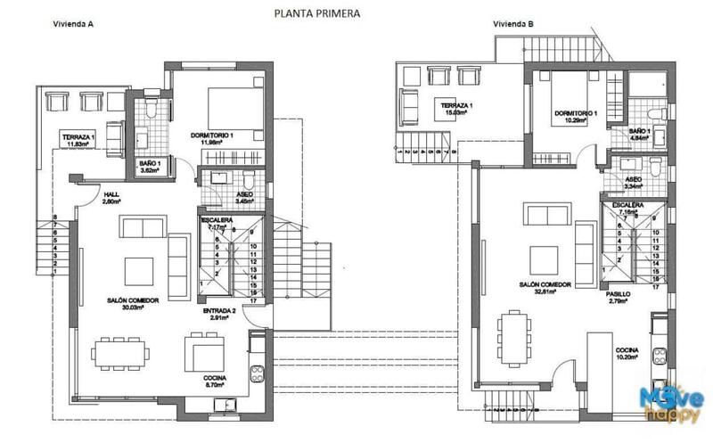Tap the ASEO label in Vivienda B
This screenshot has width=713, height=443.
tap(635, 179)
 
